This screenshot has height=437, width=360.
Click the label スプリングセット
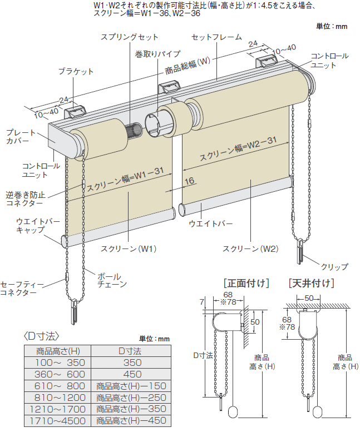click(x=129, y=37)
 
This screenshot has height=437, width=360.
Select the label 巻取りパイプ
click(x=157, y=54)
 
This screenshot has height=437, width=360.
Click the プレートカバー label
click(x=20, y=137)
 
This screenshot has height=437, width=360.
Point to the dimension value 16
click(x=189, y=181)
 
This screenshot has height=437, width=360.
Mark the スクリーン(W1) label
click(x=129, y=248)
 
